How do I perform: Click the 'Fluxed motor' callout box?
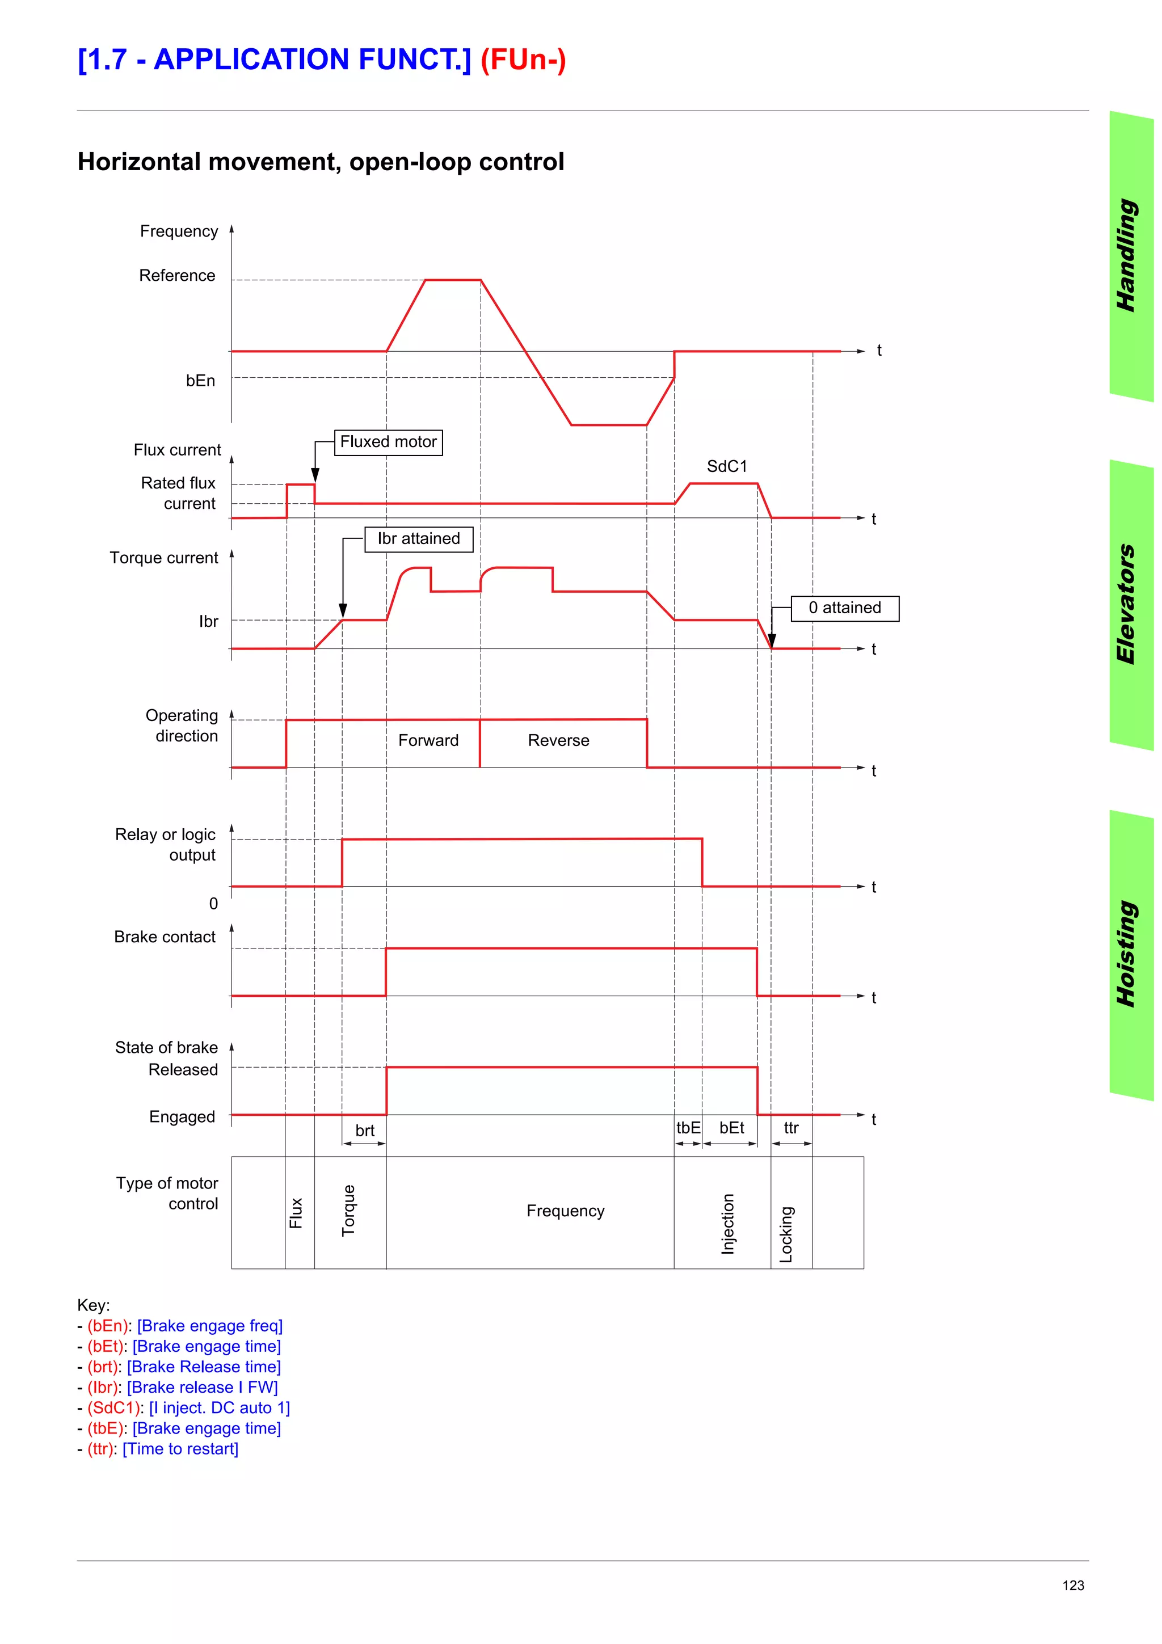pyautogui.click(x=388, y=442)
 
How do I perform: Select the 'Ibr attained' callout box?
pyautogui.click(x=419, y=538)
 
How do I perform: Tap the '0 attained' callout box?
pyautogui.click(x=845, y=608)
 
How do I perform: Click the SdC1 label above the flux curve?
pyautogui.click(x=727, y=466)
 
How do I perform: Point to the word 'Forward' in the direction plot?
pyautogui.click(x=428, y=740)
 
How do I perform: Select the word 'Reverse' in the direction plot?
pyautogui.click(x=558, y=740)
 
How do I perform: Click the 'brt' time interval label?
pyautogui.click(x=364, y=1131)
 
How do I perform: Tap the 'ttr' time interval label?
pyautogui.click(x=791, y=1128)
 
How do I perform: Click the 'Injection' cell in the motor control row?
pyautogui.click(x=727, y=1224)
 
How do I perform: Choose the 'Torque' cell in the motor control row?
pyautogui.click(x=349, y=1211)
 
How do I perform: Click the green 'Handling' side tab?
pyautogui.click(x=1129, y=256)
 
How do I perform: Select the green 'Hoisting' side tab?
pyautogui.click(x=1129, y=954)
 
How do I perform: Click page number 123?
pyautogui.click(x=1072, y=1585)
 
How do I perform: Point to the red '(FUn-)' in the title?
pyautogui.click(x=523, y=60)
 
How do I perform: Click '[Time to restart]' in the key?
pyautogui.click(x=180, y=1448)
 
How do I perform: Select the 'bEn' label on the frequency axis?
pyautogui.click(x=200, y=381)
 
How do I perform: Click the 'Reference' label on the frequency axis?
pyautogui.click(x=177, y=276)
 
